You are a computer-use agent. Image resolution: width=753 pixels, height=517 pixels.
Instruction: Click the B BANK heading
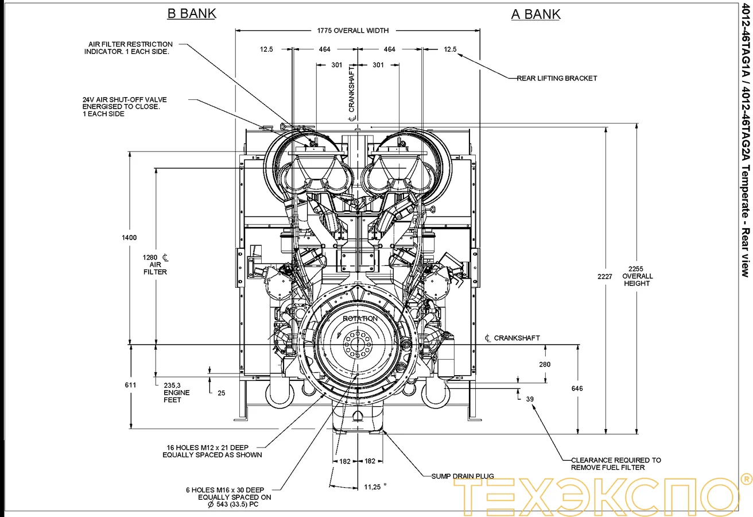pyautogui.click(x=191, y=14)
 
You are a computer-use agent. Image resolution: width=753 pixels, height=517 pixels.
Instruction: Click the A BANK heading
pyautogui.click(x=535, y=14)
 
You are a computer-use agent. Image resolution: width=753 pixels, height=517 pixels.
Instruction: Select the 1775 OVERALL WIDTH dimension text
pyautogui.click(x=353, y=30)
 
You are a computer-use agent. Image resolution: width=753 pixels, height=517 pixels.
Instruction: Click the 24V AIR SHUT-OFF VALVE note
pyautogui.click(x=125, y=106)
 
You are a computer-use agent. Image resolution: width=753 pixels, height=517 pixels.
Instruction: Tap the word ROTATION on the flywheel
pyautogui.click(x=360, y=319)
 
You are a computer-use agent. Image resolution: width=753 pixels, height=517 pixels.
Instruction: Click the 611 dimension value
pyautogui.click(x=130, y=385)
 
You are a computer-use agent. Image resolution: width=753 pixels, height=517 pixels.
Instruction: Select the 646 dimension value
pyautogui.click(x=577, y=389)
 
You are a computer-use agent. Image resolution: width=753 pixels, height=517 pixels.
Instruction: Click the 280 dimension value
pyautogui.click(x=545, y=364)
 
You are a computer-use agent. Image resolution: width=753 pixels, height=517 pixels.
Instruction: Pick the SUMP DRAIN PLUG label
pyautogui.click(x=463, y=476)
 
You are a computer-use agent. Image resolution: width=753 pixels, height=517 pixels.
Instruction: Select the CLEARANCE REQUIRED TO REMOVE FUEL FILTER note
pyautogui.click(x=615, y=464)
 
